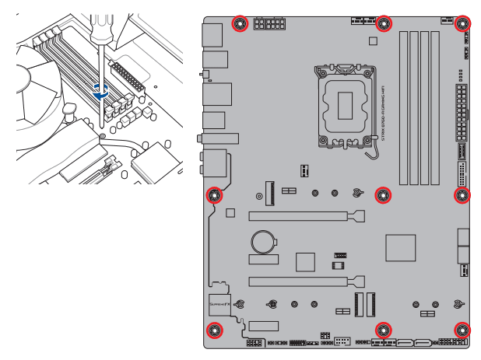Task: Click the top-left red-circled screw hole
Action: coord(241,23)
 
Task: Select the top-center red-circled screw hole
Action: coord(383,23)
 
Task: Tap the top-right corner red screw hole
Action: coord(462,23)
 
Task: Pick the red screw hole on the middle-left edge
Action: coord(213,194)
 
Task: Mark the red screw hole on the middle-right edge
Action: coord(462,194)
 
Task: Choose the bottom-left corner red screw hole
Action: coord(213,330)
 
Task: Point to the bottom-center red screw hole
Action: coord(383,330)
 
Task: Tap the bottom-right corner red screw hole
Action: coord(462,330)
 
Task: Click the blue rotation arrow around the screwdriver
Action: coord(100,89)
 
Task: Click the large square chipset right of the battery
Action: coord(402,247)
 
